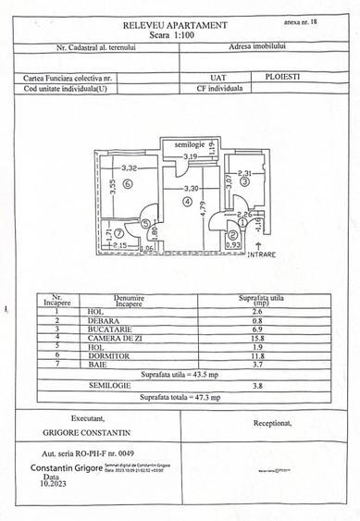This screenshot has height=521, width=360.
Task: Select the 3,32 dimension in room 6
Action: (130, 167)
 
